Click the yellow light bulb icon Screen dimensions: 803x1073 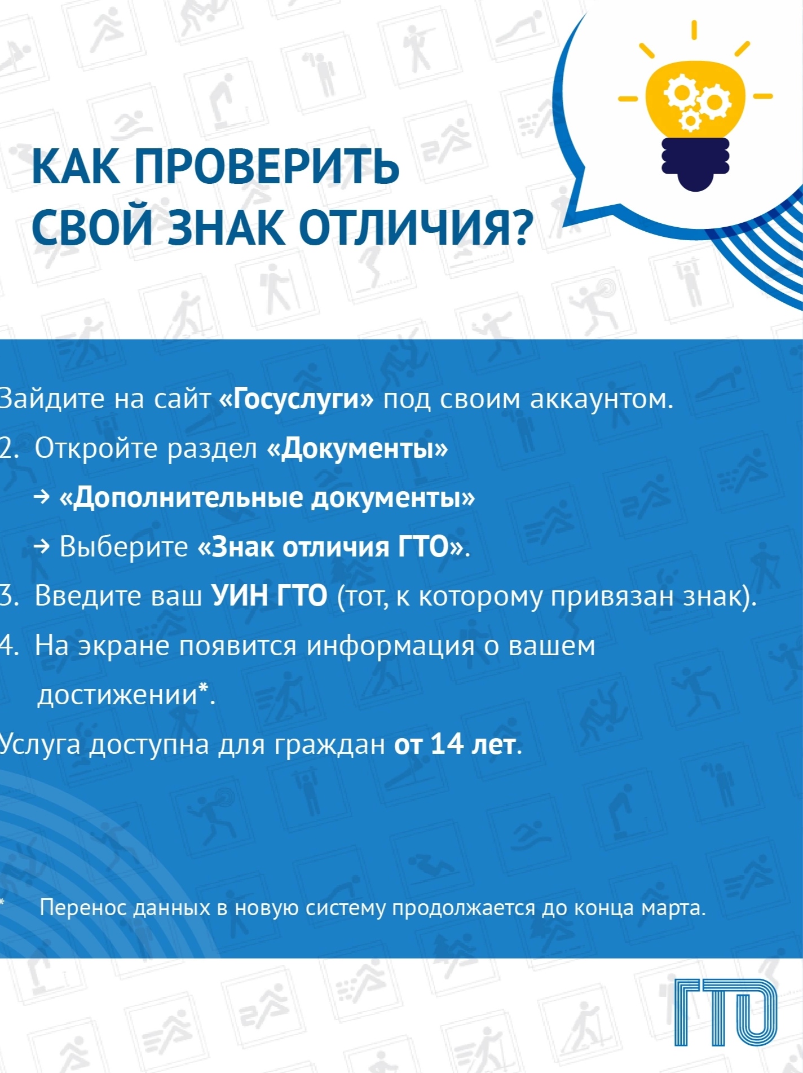(695, 107)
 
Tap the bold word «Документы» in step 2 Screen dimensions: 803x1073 (358, 448)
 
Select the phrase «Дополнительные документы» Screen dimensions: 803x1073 (267, 498)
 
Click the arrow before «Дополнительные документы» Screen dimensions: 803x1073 (42, 497)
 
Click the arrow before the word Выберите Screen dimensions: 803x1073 (42, 546)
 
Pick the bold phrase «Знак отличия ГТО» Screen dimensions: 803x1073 (331, 546)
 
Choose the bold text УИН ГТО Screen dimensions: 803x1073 (270, 595)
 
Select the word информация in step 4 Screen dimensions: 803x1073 (390, 646)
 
